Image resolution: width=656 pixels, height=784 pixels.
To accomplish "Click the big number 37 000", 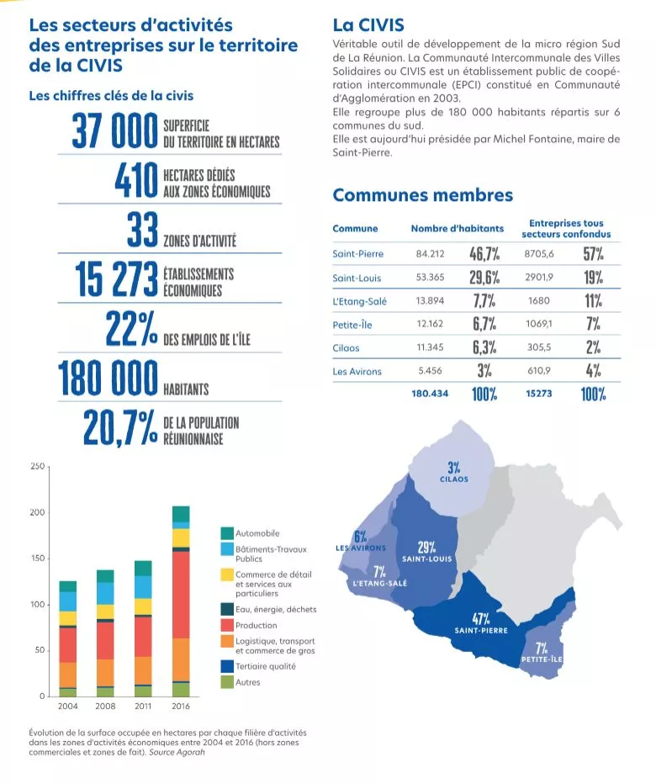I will (x=114, y=132).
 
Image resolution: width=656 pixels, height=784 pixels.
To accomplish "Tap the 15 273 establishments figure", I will (x=116, y=280).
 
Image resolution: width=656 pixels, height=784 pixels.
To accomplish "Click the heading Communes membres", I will (x=422, y=195).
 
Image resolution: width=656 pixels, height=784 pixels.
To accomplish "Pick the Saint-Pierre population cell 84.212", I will (x=430, y=253).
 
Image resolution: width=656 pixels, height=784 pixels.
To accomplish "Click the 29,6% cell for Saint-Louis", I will (x=484, y=278).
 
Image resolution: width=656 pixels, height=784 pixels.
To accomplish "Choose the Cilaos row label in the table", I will (x=346, y=347).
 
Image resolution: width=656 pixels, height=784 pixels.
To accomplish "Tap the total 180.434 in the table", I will (x=430, y=393).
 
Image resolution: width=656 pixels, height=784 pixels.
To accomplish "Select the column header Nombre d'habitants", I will (x=457, y=228).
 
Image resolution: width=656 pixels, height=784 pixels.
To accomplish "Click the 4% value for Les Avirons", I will (x=593, y=370).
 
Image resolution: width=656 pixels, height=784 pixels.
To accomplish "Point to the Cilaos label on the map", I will (x=454, y=479).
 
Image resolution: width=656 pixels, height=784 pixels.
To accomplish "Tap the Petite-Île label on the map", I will (x=542, y=660).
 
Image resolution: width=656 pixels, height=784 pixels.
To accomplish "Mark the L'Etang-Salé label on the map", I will (x=378, y=582).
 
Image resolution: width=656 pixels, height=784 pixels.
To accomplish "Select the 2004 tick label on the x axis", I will (x=68, y=707).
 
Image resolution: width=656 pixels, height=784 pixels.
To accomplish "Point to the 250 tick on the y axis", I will (x=37, y=466).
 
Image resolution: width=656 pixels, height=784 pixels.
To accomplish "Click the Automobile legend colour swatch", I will (x=227, y=533).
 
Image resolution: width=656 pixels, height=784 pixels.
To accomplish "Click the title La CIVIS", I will (x=368, y=25).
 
